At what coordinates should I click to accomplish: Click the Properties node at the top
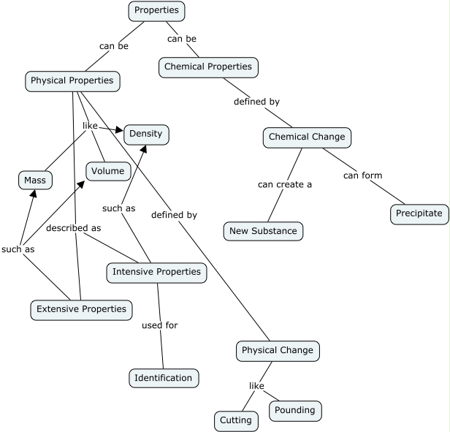(156, 11)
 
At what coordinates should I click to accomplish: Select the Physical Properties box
(72, 80)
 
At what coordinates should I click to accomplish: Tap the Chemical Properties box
(207, 67)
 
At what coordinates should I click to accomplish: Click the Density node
(147, 134)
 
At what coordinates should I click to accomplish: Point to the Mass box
(34, 180)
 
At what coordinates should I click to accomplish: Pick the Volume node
(109, 171)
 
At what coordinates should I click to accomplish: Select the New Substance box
(262, 231)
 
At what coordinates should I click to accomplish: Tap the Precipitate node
(419, 213)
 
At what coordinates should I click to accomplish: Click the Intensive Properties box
(156, 272)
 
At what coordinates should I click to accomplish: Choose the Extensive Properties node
(82, 309)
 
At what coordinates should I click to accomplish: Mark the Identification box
(164, 378)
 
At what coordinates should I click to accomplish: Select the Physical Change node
(277, 350)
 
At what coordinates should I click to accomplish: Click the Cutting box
(236, 420)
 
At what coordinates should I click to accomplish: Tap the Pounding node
(295, 410)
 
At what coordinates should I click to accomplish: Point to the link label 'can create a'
(284, 184)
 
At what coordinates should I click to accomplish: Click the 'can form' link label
(362, 175)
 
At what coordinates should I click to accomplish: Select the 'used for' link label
(159, 325)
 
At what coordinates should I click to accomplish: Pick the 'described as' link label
(73, 228)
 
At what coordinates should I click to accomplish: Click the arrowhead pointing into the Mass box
(31, 194)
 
